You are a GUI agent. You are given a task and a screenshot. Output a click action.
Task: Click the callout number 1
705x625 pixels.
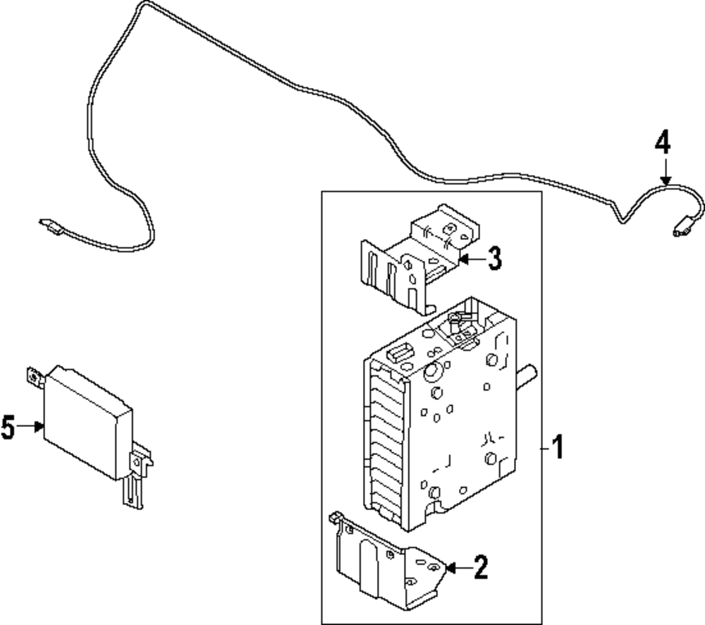point(557,447)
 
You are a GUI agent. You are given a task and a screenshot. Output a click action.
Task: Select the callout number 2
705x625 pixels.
point(480,567)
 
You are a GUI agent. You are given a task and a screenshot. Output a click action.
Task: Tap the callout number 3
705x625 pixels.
point(494,259)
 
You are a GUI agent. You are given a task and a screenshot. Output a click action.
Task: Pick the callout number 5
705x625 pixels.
point(8,427)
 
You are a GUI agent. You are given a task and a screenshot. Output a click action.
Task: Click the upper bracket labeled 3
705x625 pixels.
point(416,261)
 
